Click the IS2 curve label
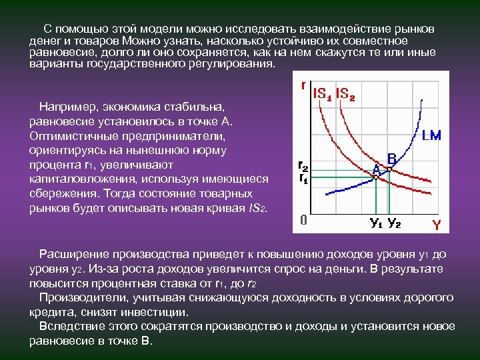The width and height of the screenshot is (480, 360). point(345,94)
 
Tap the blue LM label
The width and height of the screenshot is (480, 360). point(431,135)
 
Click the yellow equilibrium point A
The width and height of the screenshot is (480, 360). point(375,177)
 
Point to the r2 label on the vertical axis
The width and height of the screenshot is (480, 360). point(302,165)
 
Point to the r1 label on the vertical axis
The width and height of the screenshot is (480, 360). point(302,178)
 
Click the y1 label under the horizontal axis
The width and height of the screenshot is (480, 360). point(376,222)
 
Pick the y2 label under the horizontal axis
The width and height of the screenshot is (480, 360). point(394,222)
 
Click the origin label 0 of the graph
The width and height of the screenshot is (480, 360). point(303,220)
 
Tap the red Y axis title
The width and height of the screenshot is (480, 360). point(436,225)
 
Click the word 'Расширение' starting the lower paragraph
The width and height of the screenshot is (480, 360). point(71,254)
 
